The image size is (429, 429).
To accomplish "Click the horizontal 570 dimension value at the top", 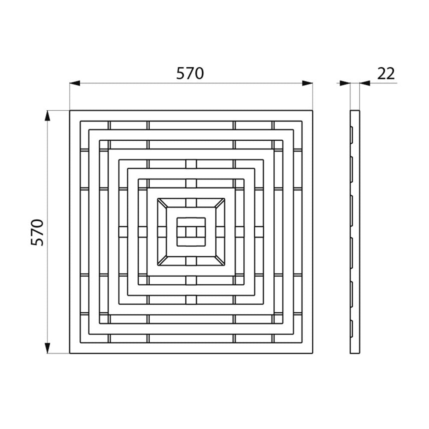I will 190,73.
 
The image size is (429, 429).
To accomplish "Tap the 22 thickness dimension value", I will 386,73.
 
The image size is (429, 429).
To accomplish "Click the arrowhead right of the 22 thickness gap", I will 365,83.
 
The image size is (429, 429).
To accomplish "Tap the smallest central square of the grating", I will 191,232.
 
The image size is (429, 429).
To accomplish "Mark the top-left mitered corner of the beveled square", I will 162,203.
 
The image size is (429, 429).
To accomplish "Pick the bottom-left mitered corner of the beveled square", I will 162,261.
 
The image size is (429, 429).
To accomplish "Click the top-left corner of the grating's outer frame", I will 70,111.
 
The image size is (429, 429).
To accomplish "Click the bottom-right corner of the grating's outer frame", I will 312,353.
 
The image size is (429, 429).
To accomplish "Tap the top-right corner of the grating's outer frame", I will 312,111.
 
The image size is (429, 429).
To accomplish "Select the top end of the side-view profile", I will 355,112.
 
